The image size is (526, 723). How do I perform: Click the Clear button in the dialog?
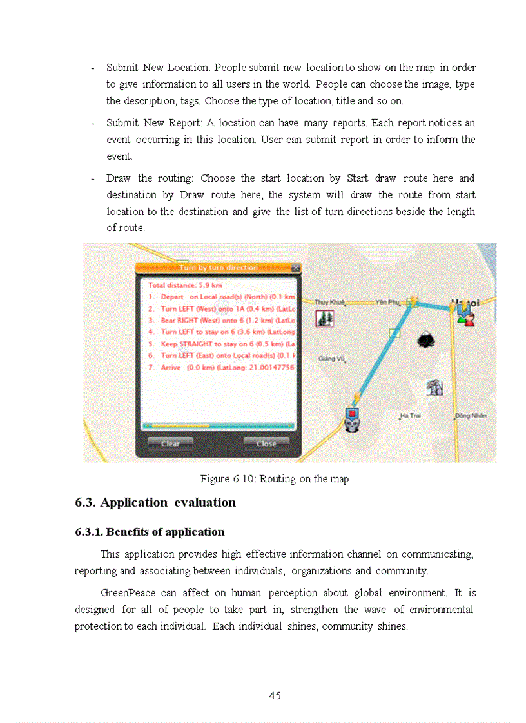(170, 443)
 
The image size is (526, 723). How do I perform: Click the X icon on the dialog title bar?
(295, 267)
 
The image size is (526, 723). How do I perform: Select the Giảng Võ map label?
(331, 359)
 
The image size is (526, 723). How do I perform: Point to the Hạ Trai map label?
(410, 416)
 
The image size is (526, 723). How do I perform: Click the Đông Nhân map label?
(471, 416)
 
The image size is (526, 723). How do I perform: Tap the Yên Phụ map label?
(388, 302)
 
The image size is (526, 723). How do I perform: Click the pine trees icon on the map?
(324, 318)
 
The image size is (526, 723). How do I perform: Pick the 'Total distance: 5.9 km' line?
(185, 285)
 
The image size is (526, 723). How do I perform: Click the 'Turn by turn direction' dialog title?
(218, 267)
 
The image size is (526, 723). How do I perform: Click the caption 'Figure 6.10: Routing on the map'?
(275, 479)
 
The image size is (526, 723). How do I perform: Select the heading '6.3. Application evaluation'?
(155, 502)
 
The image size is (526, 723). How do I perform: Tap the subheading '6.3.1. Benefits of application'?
(150, 532)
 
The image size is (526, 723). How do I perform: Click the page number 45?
(275, 695)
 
